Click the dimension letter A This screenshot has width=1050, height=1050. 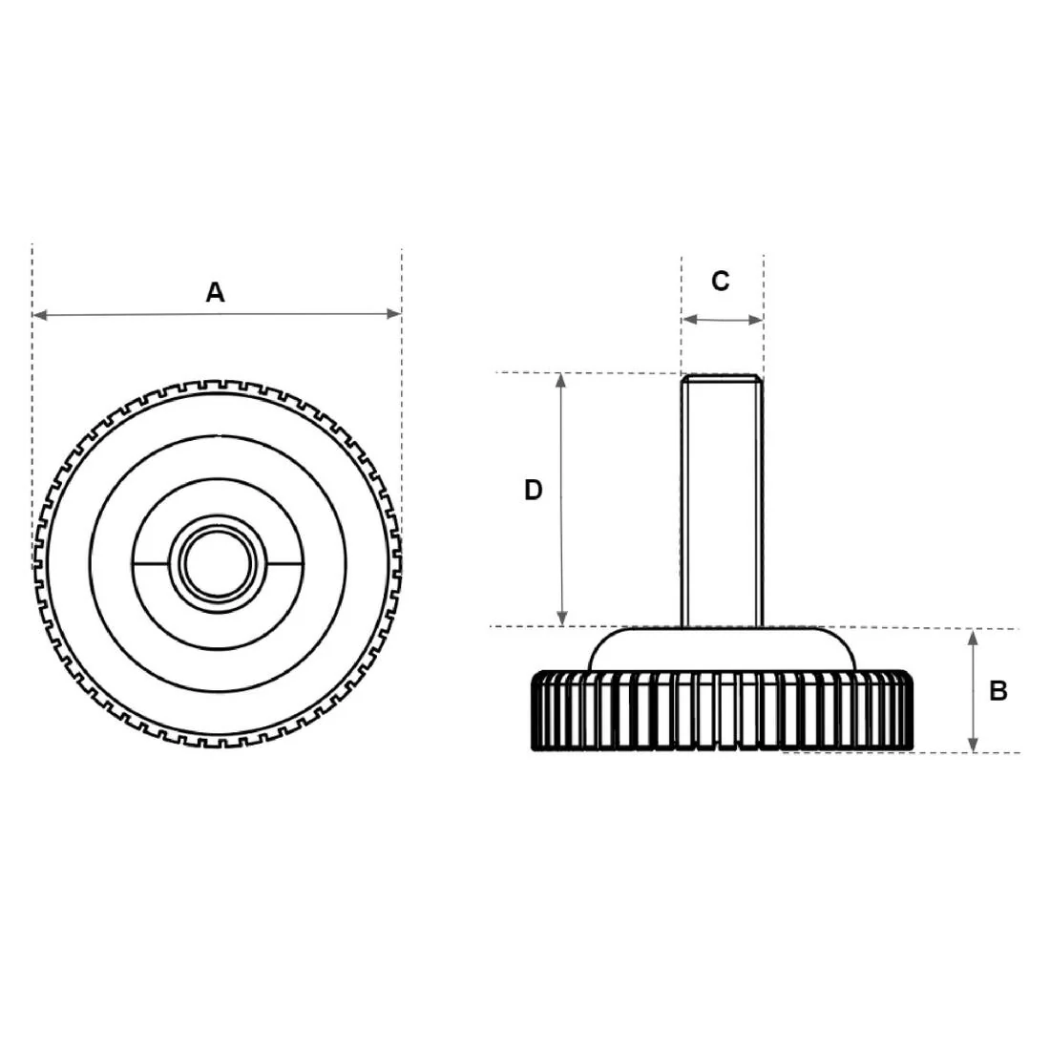(x=216, y=292)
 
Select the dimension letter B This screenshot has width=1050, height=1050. (x=997, y=690)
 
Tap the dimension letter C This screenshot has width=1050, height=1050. (x=721, y=281)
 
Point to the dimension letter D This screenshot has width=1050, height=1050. (x=533, y=490)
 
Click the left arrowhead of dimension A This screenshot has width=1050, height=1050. (x=39, y=314)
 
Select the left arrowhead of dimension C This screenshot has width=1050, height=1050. (x=687, y=321)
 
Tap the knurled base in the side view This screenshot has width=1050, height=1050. (x=722, y=711)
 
